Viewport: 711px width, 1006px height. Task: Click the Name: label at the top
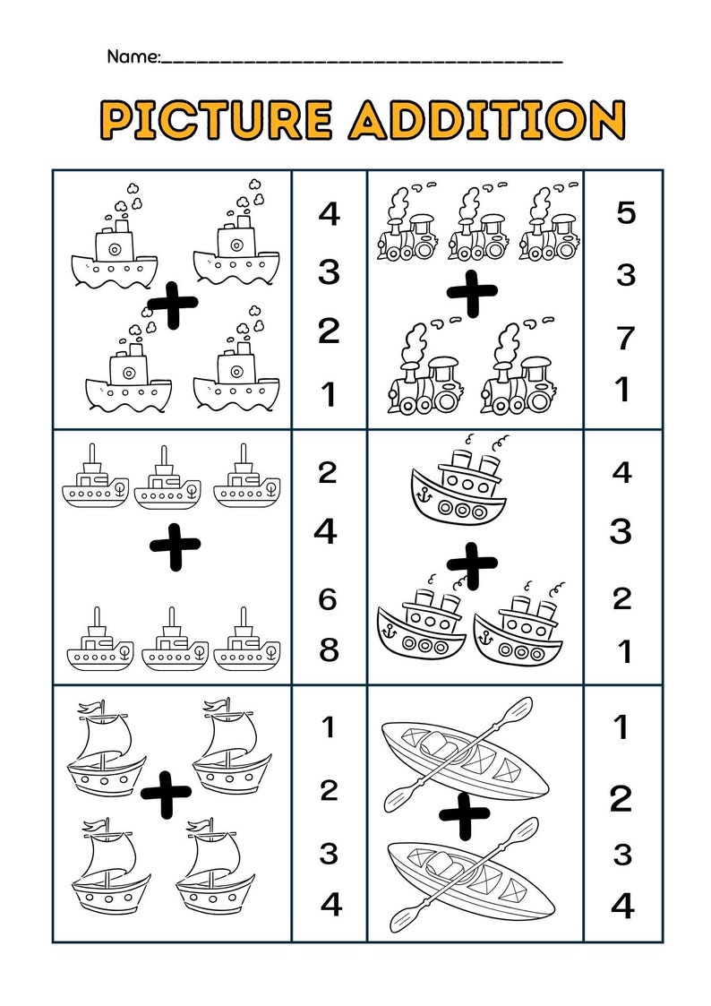(133, 56)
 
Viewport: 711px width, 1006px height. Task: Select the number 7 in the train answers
(625, 339)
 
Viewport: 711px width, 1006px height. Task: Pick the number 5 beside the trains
(625, 213)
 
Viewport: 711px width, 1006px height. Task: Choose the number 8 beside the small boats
(329, 649)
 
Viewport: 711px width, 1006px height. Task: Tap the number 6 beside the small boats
(328, 598)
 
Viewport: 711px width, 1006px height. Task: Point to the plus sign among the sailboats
(166, 792)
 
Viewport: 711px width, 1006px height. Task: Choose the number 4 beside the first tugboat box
(330, 215)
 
